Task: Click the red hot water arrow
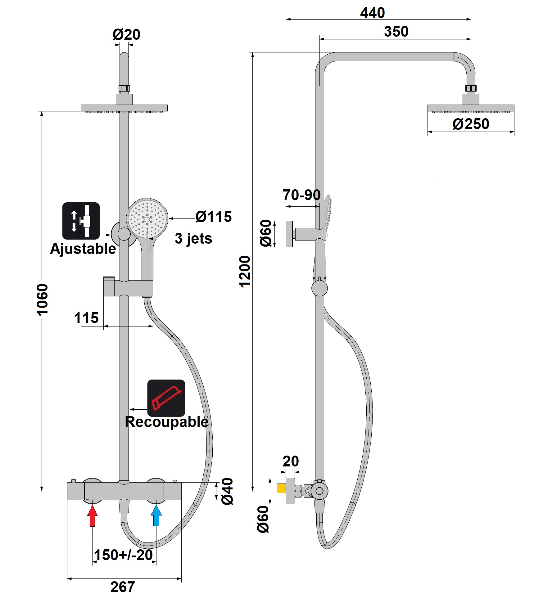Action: [92, 515]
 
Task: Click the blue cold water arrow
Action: [156, 515]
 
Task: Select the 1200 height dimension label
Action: [245, 272]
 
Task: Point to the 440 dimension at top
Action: [372, 13]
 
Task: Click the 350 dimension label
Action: [396, 32]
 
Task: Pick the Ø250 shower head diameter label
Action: [471, 124]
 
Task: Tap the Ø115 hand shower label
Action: [214, 217]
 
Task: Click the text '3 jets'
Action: [193, 238]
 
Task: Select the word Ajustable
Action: [83, 249]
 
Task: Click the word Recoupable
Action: [166, 422]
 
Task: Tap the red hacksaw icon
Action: [166, 398]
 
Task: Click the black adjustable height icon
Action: [81, 221]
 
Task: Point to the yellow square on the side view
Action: [281, 488]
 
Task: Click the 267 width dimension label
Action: [123, 587]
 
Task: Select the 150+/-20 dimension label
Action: [123, 555]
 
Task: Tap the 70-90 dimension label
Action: [301, 195]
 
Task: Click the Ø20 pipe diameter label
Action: [126, 34]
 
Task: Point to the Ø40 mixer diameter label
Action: [228, 491]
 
